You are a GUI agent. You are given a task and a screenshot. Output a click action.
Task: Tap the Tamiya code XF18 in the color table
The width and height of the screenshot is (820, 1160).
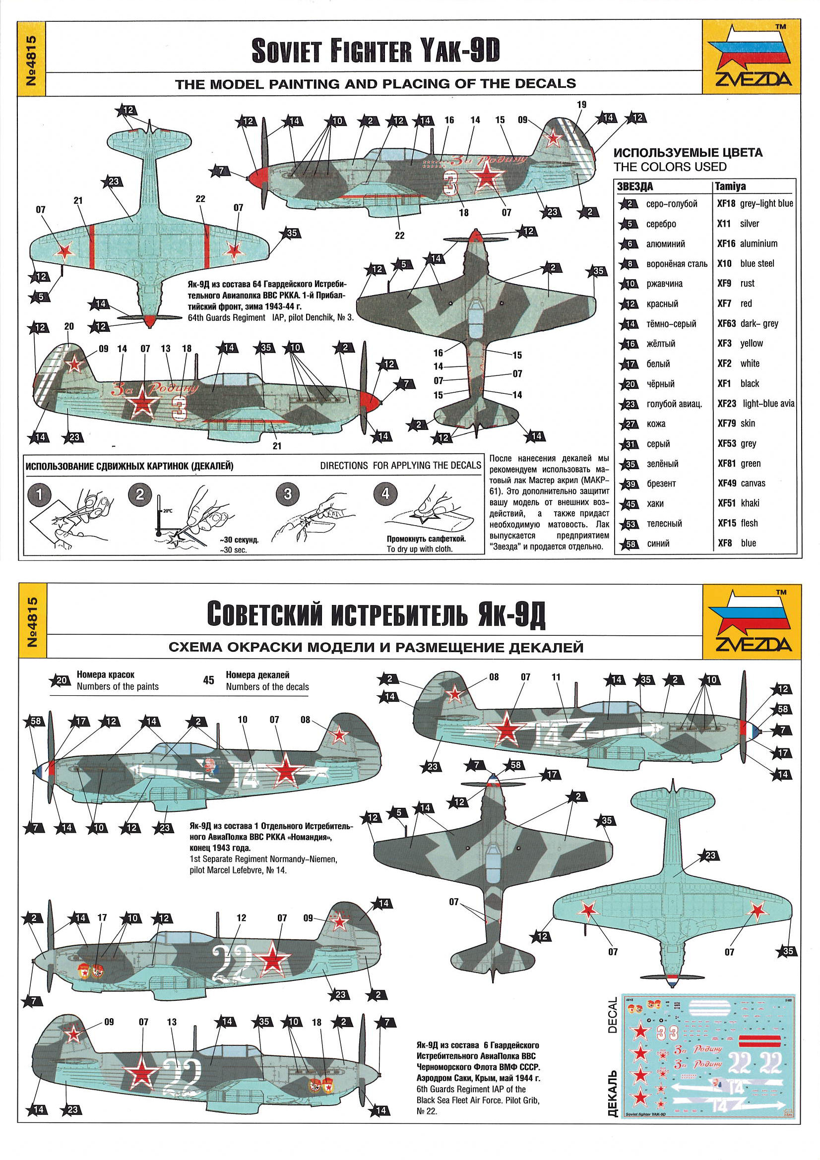[x=725, y=204]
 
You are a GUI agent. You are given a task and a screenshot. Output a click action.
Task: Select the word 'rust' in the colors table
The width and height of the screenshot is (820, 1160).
[x=747, y=284]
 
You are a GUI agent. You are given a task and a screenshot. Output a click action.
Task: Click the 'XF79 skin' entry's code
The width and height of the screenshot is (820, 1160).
[x=725, y=424]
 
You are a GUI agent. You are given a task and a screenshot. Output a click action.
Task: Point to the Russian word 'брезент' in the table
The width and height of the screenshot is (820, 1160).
[x=661, y=484]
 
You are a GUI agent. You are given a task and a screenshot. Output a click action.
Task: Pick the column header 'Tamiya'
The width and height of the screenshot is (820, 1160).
[x=731, y=186]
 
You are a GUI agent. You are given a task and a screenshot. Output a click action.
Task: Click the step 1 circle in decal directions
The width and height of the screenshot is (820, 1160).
[x=39, y=495]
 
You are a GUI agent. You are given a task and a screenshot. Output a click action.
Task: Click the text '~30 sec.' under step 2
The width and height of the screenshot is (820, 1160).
[x=234, y=549]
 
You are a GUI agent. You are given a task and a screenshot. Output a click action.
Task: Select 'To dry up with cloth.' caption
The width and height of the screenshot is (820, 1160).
[x=419, y=549]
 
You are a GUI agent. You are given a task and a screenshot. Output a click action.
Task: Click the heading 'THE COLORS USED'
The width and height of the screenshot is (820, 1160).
[x=670, y=167]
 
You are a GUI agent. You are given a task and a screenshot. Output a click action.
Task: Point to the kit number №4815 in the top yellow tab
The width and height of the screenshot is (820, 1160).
[x=31, y=59]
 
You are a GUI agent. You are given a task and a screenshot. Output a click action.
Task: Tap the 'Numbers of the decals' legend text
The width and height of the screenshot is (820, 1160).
[x=267, y=686]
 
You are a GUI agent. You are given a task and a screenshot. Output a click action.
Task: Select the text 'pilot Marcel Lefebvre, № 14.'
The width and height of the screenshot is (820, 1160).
[x=239, y=870]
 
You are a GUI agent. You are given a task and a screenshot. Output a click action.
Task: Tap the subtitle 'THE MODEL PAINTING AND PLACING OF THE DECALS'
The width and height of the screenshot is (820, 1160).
[x=376, y=84]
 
